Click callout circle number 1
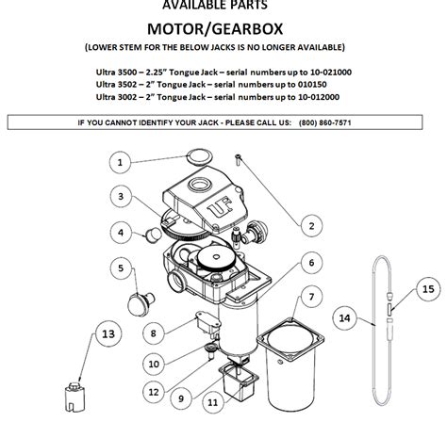(120, 163)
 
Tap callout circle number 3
(122, 197)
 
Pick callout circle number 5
(122, 268)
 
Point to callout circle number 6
(309, 260)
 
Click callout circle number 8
(152, 333)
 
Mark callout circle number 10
(153, 364)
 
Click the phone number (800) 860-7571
(325, 122)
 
